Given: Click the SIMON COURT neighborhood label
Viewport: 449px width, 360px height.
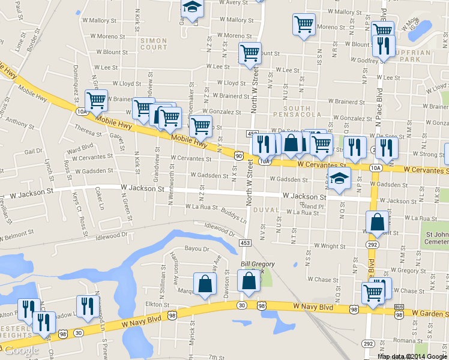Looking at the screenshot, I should click(x=154, y=43).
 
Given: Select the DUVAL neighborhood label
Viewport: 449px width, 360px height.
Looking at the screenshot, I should click(x=266, y=209).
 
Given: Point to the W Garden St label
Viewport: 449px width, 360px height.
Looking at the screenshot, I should click(x=427, y=314).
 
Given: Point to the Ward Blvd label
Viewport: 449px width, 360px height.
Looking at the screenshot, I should click(x=80, y=148).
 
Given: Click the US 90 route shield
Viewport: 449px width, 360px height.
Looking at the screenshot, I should click(x=239, y=156).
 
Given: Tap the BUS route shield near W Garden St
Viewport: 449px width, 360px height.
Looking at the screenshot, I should click(x=399, y=308).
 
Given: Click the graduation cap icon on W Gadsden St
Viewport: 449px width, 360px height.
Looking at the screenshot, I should click(x=339, y=178).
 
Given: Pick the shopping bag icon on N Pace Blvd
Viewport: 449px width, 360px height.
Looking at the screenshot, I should click(x=376, y=222).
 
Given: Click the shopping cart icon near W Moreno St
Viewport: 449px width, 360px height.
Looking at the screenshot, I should click(x=304, y=25).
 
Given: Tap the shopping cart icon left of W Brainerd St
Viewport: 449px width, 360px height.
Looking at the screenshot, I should click(x=96, y=100).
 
